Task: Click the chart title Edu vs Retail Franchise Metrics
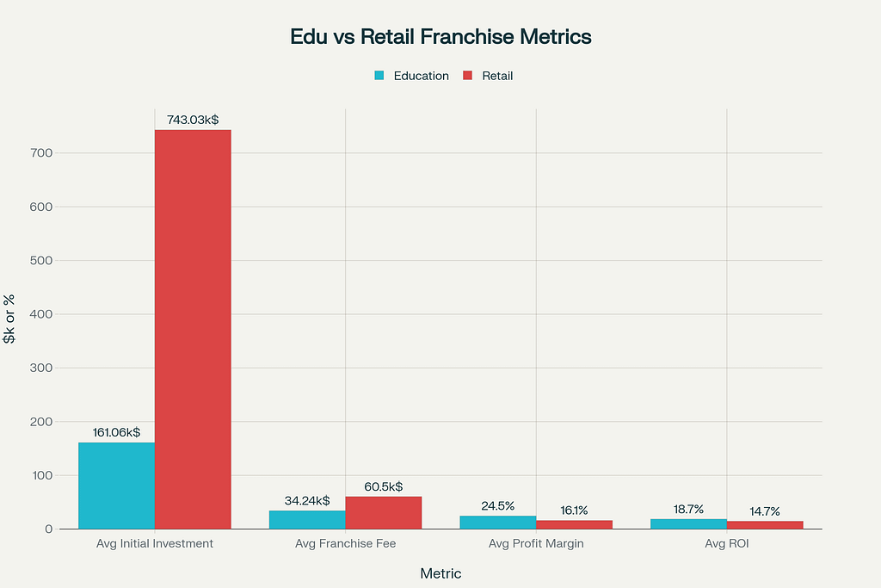click(440, 37)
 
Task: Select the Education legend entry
click(412, 76)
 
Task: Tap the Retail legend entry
click(489, 76)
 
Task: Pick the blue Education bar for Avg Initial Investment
click(116, 486)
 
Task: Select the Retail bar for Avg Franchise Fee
click(384, 512)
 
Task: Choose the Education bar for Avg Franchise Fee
click(307, 519)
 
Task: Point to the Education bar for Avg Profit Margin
click(498, 522)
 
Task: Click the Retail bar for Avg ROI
click(765, 524)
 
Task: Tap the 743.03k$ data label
click(193, 120)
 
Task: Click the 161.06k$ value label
click(116, 432)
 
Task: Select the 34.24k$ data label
click(307, 500)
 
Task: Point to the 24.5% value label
click(498, 505)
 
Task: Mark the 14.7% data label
click(765, 511)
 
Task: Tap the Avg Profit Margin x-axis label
click(536, 544)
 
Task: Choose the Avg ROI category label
click(727, 544)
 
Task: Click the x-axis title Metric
click(440, 573)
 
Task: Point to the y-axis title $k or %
click(10, 319)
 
